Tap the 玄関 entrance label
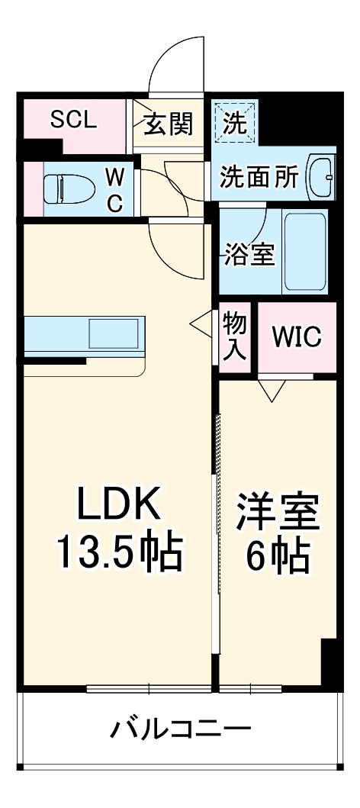[x=169, y=124]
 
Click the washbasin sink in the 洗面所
[x=320, y=176]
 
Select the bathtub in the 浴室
[x=307, y=251]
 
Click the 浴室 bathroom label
[x=249, y=255]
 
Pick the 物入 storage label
[x=235, y=337]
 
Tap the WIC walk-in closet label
[x=296, y=336]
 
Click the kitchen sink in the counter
[x=114, y=334]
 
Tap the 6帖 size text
[x=277, y=557]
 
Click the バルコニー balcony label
[x=180, y=729]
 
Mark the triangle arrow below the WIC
[x=270, y=391]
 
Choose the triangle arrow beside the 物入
[x=201, y=324]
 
